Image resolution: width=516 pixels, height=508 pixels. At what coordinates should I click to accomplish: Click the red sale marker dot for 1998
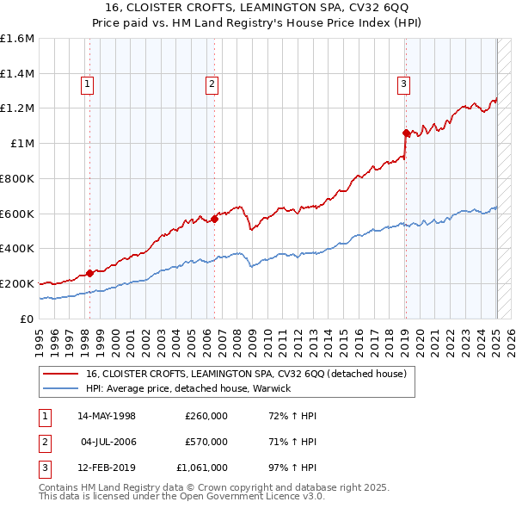coord(89,273)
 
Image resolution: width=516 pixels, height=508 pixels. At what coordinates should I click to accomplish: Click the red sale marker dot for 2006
coord(214,219)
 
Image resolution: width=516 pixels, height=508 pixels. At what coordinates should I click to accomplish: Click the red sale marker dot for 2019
coord(406,133)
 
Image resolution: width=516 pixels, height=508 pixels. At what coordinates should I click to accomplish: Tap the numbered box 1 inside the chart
coord(89,84)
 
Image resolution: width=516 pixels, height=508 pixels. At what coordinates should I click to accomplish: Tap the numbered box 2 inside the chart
coord(212,84)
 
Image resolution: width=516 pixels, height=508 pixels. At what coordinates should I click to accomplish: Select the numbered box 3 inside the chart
coord(403,84)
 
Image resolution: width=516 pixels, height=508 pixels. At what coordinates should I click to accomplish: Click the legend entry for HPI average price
coord(188,388)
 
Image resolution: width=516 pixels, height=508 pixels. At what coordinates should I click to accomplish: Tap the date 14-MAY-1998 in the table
coord(107,416)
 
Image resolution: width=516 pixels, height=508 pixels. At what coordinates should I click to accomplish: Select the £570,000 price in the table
coord(206,442)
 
